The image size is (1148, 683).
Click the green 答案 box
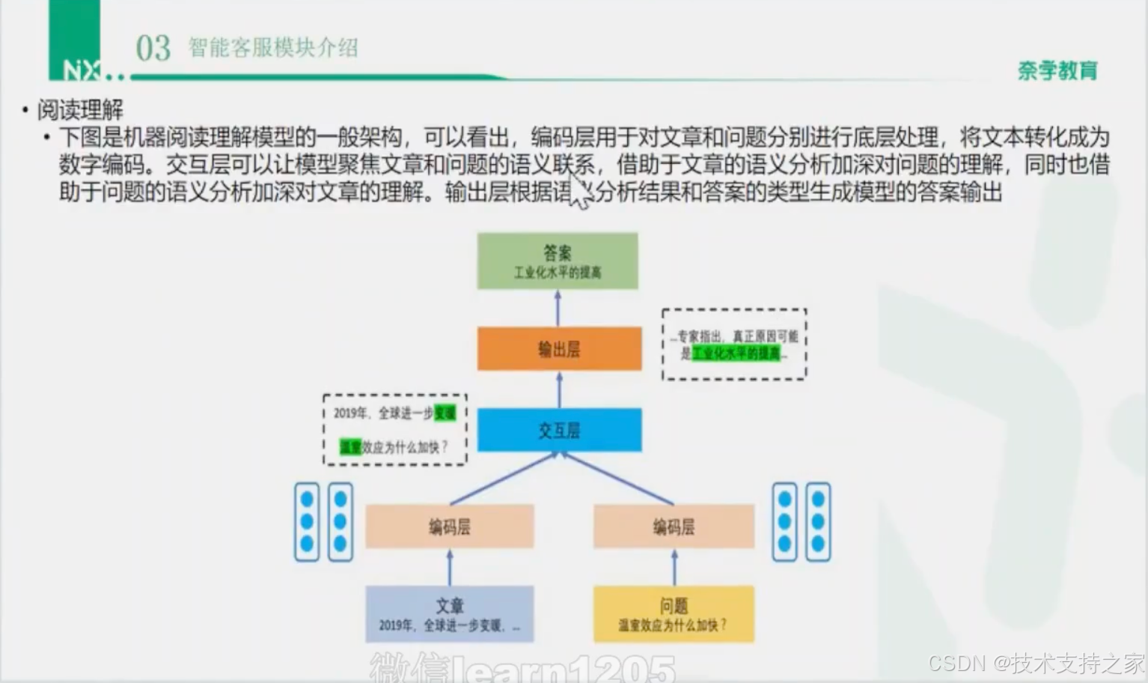pos(558,261)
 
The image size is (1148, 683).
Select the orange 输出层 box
pos(559,348)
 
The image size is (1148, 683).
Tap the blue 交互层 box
pos(559,430)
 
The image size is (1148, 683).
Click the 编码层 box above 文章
pos(449,526)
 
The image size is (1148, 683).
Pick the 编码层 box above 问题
pos(674,526)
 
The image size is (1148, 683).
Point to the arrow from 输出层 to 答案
pos(558,308)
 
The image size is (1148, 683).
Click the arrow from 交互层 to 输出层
pos(559,389)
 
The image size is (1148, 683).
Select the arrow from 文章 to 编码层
pos(450,568)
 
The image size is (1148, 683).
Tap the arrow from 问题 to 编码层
pos(674,568)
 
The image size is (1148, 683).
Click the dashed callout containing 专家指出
pos(734,344)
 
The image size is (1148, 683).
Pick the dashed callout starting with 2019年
pos(394,430)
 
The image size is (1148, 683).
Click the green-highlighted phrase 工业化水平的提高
pos(736,353)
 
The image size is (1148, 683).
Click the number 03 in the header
pos(153,49)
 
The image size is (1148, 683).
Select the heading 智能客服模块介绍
pos(273,48)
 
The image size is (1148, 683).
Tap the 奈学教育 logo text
pos(1057,70)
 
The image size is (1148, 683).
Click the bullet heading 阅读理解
pos(80,110)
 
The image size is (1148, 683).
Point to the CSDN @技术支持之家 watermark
pos(1036,663)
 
